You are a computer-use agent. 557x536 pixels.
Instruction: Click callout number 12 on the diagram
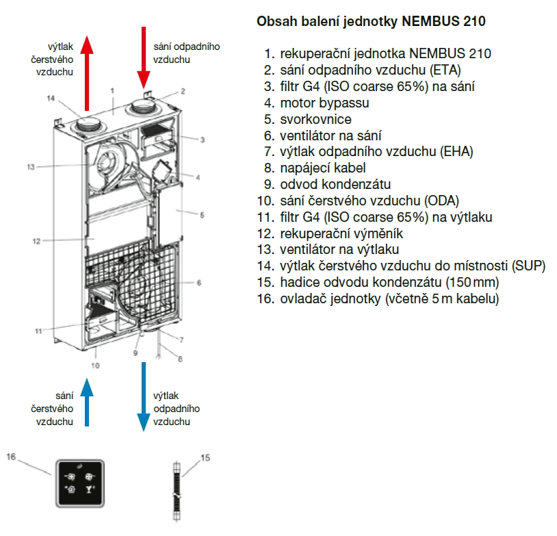[36, 241]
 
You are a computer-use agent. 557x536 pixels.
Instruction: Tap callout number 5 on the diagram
[202, 214]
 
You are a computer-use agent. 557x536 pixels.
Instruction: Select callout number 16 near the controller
[10, 455]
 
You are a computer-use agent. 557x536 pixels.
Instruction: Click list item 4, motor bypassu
[324, 103]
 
